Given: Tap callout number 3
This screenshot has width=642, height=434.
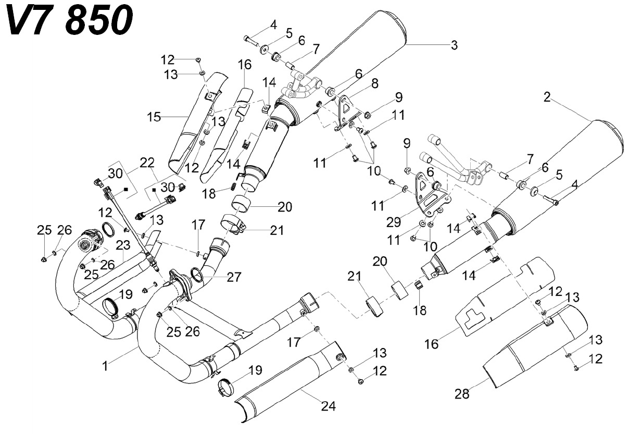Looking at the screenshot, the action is point(454,45).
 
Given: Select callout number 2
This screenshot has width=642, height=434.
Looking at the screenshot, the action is point(547,97).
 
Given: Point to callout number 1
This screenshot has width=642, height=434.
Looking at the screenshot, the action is point(106,366).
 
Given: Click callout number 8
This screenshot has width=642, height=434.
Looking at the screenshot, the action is point(375,83).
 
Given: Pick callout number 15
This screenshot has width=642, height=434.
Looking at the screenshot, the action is point(154,117).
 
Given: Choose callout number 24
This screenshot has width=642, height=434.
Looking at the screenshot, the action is point(328,406).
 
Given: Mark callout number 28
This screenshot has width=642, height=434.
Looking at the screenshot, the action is point(462,394).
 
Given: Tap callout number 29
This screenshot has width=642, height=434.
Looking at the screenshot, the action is point(394,222).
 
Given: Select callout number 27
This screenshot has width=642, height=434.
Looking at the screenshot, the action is point(234,277).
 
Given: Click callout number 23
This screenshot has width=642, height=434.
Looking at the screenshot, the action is point(123,245).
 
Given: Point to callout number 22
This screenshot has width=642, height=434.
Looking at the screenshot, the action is point(147,163).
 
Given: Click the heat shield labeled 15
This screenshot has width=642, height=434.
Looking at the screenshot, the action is point(198,123).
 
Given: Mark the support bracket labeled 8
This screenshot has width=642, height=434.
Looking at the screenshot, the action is point(348,113).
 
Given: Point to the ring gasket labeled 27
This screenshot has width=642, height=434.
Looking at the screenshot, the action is point(197,274).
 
